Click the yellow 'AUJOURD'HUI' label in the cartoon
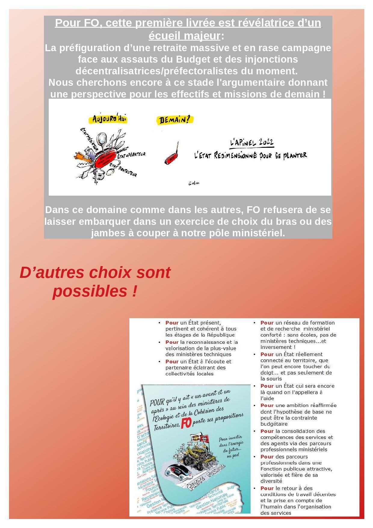point(109,119)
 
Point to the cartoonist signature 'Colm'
point(194,183)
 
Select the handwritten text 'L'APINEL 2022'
point(252,142)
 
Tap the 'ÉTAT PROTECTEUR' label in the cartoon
point(123,170)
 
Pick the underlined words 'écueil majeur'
point(184,36)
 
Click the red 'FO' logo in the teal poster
point(186,423)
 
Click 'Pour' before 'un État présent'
point(172,323)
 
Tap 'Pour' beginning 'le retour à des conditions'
point(267,489)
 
